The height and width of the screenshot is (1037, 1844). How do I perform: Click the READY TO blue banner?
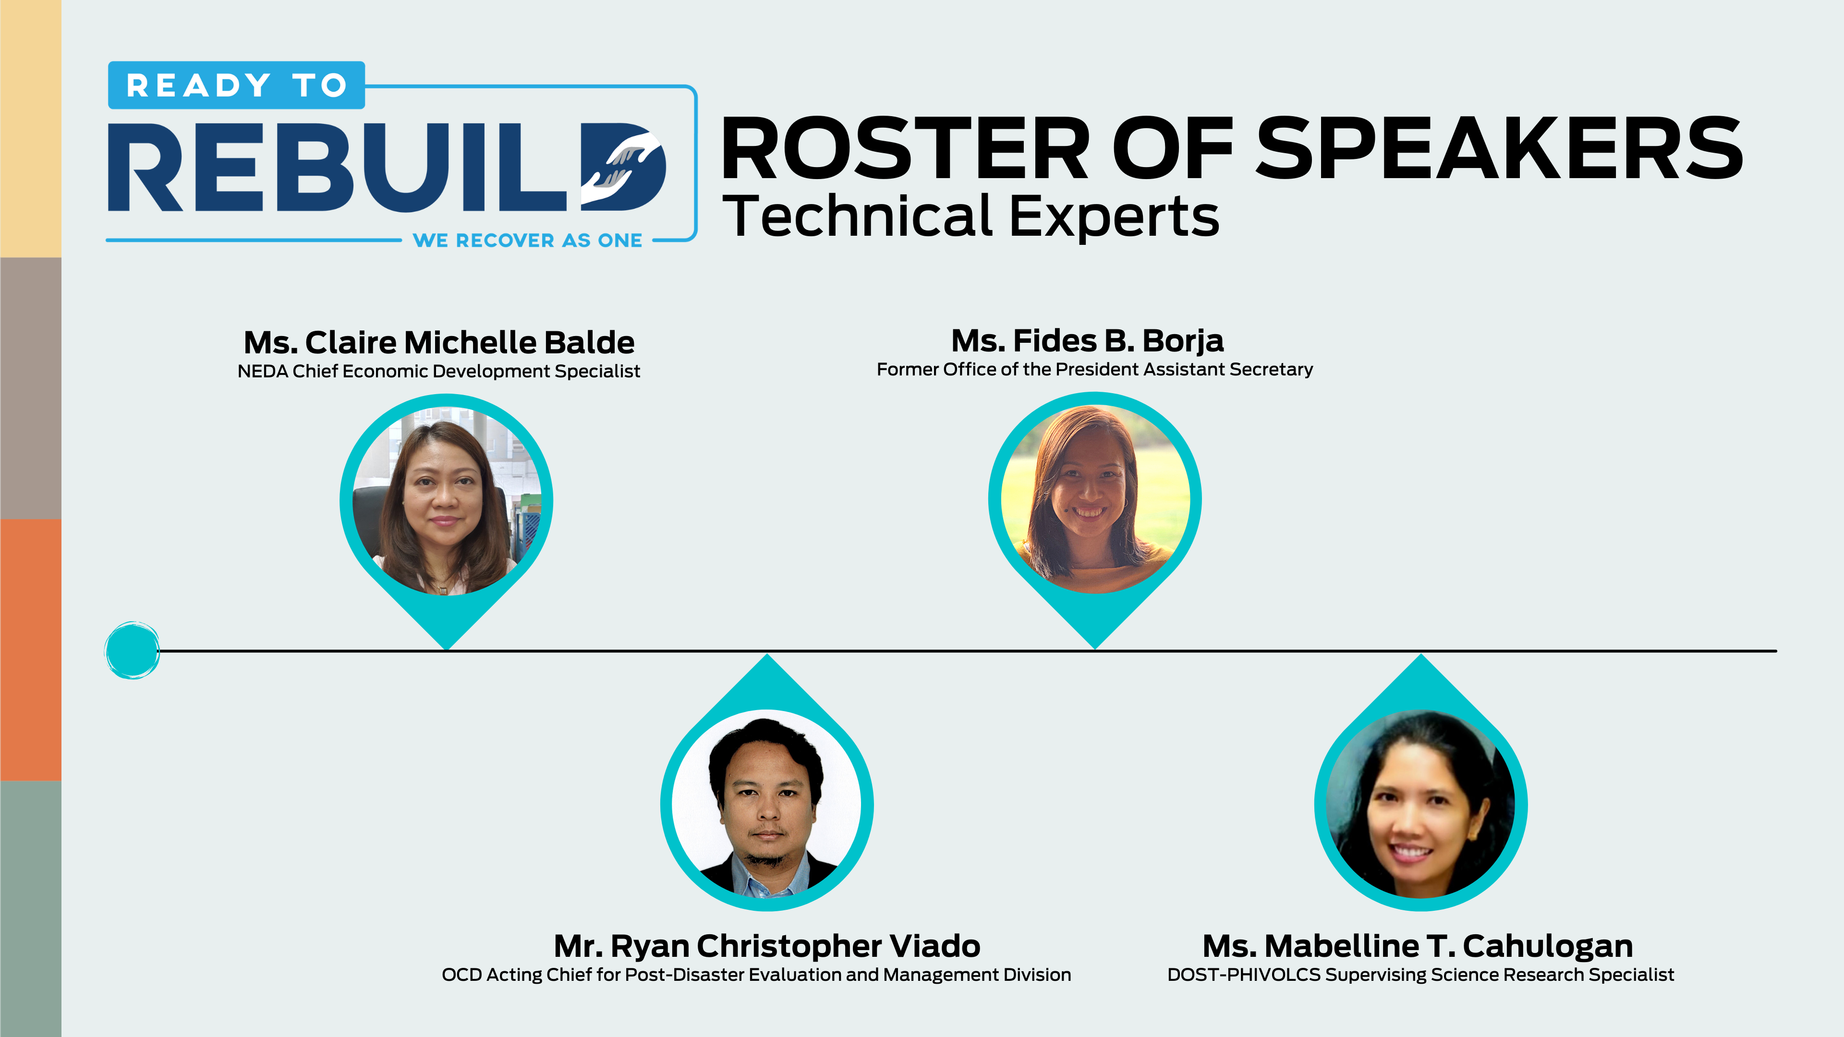click(236, 85)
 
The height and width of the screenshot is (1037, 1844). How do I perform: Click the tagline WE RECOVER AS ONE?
click(528, 241)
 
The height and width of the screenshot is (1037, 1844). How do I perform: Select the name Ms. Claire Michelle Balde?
click(439, 342)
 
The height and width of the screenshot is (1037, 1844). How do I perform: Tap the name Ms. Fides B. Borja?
click(1087, 341)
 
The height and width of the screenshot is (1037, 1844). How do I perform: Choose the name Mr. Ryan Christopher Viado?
click(767, 946)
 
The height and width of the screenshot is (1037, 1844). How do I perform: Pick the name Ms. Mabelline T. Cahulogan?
click(1418, 946)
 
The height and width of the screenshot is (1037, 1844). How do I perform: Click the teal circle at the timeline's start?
click(133, 650)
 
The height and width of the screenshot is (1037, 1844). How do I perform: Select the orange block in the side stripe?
click(31, 650)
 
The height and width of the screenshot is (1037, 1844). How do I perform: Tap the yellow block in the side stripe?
click(31, 129)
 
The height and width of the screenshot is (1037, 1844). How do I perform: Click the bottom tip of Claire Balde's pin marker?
click(446, 649)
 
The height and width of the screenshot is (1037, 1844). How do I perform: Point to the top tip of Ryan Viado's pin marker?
click(767, 654)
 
